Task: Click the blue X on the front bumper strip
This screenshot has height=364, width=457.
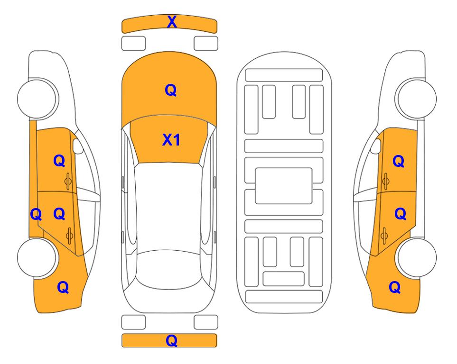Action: pyautogui.click(x=172, y=22)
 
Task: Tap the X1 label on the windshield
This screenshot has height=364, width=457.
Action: pyautogui.click(x=171, y=140)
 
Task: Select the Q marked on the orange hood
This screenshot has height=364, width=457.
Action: pyautogui.click(x=171, y=90)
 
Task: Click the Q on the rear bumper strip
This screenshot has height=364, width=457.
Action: pyautogui.click(x=171, y=340)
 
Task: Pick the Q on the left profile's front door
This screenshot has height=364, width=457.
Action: pyautogui.click(x=59, y=161)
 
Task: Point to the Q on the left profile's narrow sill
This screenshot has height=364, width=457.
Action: pyautogui.click(x=36, y=214)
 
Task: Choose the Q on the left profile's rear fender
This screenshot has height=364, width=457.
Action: pyautogui.click(x=63, y=287)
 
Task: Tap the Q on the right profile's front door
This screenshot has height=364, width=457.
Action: pyautogui.click(x=399, y=161)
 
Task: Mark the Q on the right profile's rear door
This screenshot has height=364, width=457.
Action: pyautogui.click(x=400, y=214)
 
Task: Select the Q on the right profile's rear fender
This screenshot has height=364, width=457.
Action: pyautogui.click(x=395, y=287)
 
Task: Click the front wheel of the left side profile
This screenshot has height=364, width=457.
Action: pyautogui.click(x=37, y=98)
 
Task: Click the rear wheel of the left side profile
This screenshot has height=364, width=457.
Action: pyautogui.click(x=37, y=257)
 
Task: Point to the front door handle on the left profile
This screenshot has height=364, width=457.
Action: pyautogui.click(x=68, y=181)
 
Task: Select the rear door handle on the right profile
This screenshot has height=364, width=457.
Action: pyautogui.click(x=384, y=236)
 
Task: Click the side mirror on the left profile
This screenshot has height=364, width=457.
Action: pyautogui.click(x=77, y=146)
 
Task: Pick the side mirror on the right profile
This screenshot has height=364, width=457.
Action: pyautogui.click(x=376, y=146)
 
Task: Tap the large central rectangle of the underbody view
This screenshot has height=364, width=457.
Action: pyautogui.click(x=284, y=186)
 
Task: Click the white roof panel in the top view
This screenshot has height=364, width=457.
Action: pyautogui.click(x=168, y=207)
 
